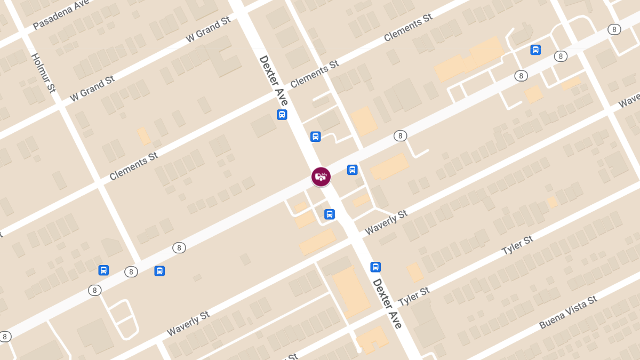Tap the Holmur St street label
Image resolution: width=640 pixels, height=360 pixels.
point(43,73)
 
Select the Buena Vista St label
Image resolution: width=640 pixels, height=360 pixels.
point(568,312)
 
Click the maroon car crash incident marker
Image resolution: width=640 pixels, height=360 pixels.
point(321,177)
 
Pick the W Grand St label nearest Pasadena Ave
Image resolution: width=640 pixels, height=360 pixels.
point(208,29)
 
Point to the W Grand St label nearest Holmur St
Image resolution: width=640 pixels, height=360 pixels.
point(92,89)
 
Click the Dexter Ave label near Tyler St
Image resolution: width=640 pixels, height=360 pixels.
point(387,303)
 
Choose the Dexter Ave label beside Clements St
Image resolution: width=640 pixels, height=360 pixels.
point(274,80)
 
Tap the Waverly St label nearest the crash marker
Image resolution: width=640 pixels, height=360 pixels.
point(386,222)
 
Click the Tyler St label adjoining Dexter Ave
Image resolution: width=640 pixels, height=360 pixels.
point(414,297)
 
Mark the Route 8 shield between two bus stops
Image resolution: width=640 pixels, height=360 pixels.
point(131,272)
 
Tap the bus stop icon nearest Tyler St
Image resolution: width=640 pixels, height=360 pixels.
point(375,267)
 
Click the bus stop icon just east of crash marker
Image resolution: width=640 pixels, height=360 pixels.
point(352,170)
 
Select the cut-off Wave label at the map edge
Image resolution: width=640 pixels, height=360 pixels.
point(629,100)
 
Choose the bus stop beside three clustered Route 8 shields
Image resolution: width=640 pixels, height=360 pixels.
point(535,50)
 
